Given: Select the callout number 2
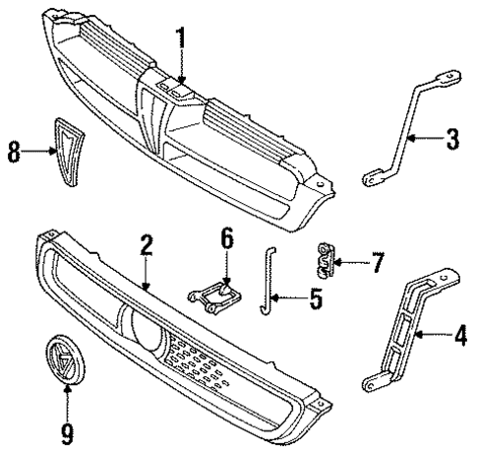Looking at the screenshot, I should [x=146, y=246].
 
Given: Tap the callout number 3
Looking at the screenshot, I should [x=451, y=139].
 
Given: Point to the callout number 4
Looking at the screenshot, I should [x=456, y=337].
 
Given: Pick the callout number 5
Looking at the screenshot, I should [x=315, y=296].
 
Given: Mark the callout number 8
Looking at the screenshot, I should [x=15, y=153].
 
